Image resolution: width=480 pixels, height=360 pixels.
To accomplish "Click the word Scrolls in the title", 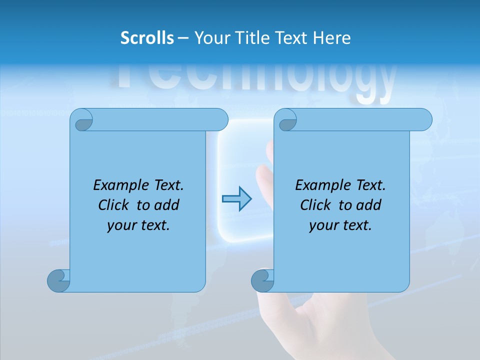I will coord(147,37).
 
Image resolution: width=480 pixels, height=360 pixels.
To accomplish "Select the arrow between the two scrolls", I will coord(236,199).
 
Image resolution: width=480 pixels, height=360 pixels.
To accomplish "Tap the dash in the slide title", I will coord(183,37).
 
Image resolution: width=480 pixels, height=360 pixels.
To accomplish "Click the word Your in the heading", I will coord(210,37).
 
